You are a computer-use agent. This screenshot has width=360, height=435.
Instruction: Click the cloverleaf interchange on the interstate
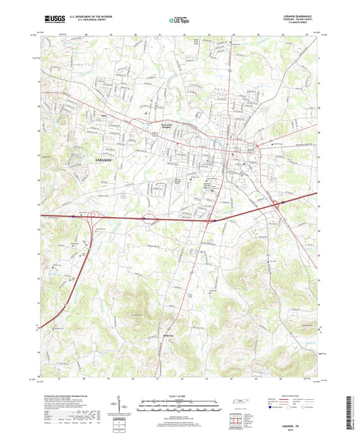pos(150,218)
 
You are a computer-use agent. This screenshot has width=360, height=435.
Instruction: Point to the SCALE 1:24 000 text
pos(180,395)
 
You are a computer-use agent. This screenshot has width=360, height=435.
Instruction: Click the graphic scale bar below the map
pos(180,404)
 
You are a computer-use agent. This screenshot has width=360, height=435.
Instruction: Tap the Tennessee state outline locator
pos(240,403)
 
